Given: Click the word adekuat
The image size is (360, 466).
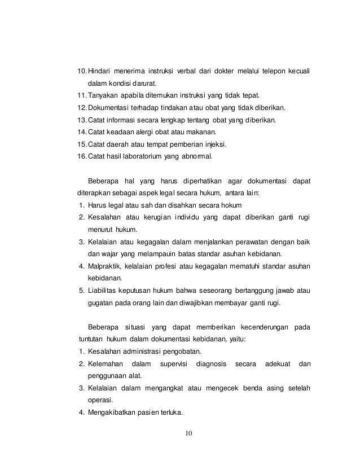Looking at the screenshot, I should click(278, 364).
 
